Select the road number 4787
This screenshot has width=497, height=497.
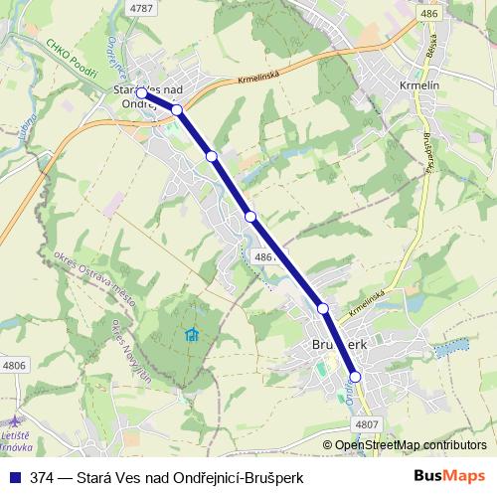[143, 8]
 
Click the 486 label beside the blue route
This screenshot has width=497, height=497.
[264, 256]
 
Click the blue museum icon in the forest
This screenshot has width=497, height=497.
[192, 333]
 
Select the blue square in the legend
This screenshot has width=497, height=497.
[11, 477]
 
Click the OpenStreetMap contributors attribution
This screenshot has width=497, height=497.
[410, 444]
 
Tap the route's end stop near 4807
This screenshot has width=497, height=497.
[354, 377]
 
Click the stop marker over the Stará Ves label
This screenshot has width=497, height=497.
[141, 93]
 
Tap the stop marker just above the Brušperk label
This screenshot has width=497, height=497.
[323, 310]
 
